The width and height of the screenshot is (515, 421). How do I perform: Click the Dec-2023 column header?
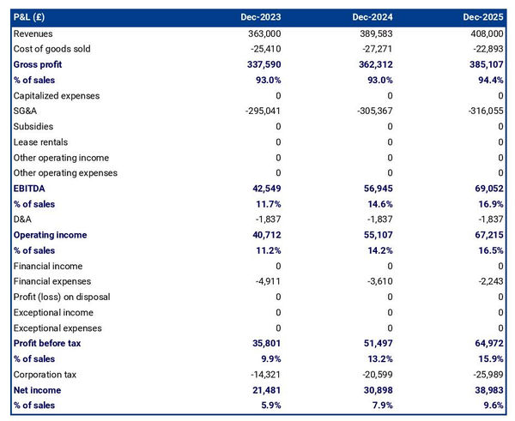tap(261, 17)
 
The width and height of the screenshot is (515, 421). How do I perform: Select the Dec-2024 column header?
tap(373, 17)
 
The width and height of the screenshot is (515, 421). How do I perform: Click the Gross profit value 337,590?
tap(262, 64)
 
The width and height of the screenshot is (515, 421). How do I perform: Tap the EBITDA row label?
tap(29, 189)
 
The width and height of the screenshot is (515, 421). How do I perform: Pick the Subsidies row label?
tap(33, 126)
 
